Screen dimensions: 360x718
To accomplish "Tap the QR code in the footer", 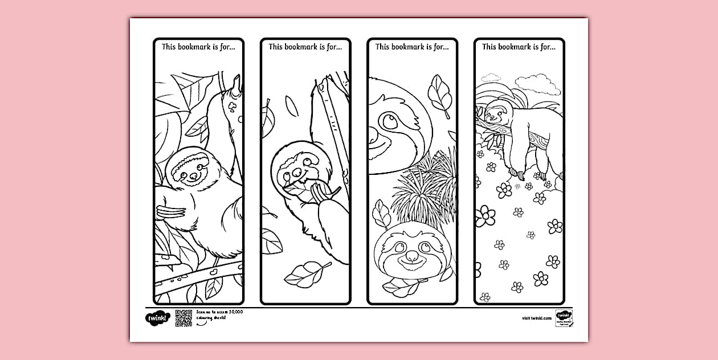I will [183, 318].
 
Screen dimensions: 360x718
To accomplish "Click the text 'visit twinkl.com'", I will [536, 318].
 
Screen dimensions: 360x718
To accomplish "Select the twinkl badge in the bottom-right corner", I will [564, 318].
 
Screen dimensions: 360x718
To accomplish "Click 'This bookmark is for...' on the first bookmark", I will [198, 47].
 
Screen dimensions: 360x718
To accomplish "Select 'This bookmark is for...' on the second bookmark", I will [305, 47].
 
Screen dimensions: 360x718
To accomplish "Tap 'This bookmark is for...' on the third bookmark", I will [412, 47].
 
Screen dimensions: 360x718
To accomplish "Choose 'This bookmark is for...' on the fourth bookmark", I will [519, 47].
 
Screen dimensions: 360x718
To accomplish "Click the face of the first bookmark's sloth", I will [187, 170].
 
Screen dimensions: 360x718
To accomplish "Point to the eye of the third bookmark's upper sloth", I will [391, 120].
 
